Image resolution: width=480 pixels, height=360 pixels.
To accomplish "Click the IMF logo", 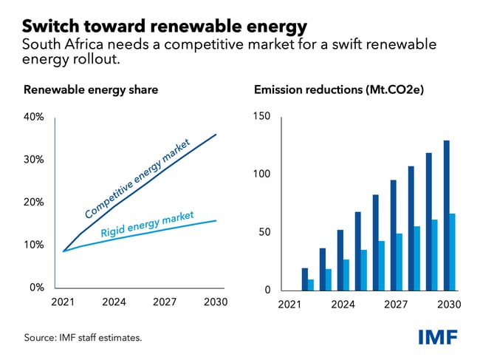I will (x=437, y=337).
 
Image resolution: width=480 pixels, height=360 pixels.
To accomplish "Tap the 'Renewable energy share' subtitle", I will (x=91, y=90).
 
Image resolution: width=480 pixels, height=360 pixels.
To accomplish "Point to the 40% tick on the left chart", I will (x=34, y=117).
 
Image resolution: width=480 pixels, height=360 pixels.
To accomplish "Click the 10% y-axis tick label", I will (x=34, y=245).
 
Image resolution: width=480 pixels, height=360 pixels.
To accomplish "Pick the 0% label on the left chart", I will (x=36, y=288).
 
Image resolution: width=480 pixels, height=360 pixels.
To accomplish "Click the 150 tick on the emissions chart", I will (x=262, y=117).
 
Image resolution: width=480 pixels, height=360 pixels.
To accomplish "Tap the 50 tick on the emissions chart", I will (x=264, y=232).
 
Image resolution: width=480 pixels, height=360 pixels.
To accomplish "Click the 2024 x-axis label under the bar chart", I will (x=343, y=305).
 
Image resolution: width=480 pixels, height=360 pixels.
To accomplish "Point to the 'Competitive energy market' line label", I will (x=137, y=178).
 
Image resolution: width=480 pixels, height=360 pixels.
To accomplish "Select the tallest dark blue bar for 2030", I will (x=446, y=215).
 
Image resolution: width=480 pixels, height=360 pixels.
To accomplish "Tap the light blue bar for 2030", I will (x=453, y=252).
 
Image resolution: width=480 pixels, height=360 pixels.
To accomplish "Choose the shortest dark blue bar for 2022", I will (x=305, y=279).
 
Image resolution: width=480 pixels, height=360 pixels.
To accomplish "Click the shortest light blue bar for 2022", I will (x=311, y=285).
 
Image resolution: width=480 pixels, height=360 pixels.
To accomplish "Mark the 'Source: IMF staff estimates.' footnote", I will (x=83, y=338).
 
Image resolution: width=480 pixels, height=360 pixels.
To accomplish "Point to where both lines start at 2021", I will (x=64, y=251).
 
